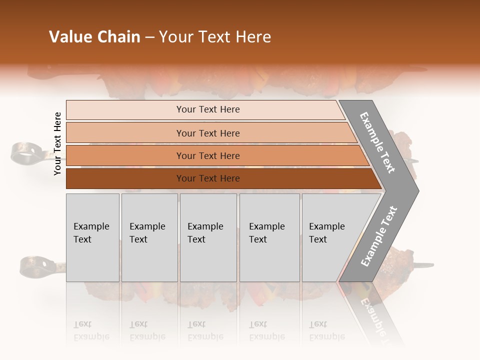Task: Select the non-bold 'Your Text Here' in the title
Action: [215, 37]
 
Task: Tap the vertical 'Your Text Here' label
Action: [57, 143]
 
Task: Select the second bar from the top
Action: [207, 133]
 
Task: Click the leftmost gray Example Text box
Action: [92, 237]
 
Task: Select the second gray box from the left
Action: [149, 237]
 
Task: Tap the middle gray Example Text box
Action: [208, 237]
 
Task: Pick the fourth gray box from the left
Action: [269, 237]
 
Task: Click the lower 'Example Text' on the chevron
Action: [379, 236]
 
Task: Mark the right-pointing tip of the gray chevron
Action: [417, 190]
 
